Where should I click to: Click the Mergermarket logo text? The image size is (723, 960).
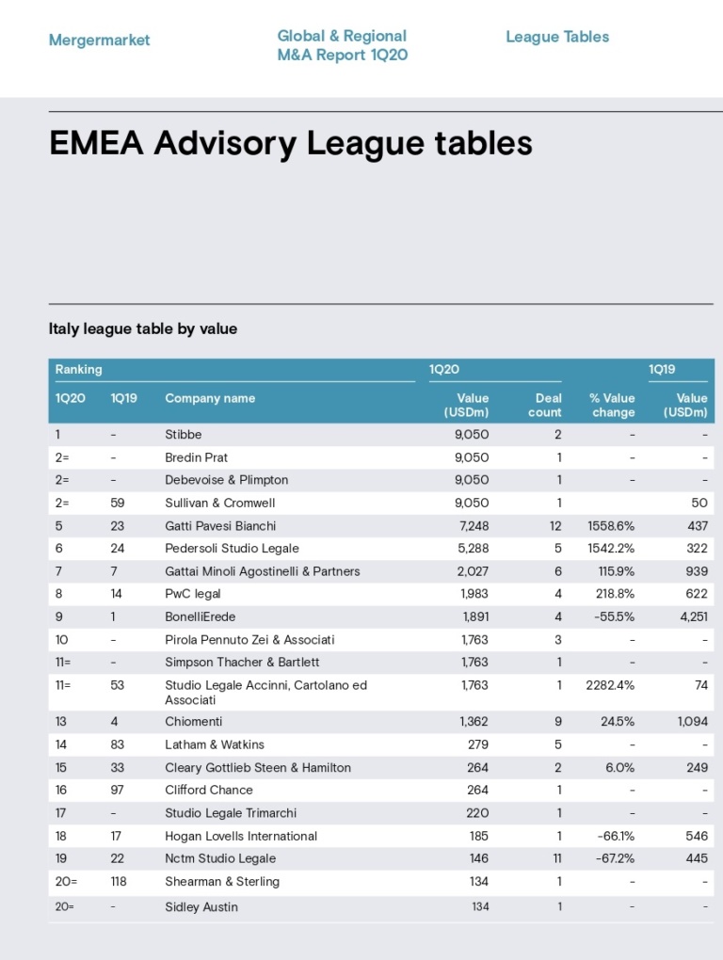[99, 40]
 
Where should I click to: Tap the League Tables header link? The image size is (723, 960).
[557, 37]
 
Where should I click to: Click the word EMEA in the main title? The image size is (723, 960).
[96, 143]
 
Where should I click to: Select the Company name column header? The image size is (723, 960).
[210, 398]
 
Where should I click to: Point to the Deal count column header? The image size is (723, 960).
[545, 406]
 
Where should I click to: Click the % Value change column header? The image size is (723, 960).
[612, 406]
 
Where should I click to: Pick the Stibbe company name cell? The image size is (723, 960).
[183, 435]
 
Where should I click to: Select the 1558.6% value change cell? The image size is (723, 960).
[611, 526]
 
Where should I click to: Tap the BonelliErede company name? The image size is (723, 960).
[201, 616]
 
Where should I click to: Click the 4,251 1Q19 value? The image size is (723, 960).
[694, 616]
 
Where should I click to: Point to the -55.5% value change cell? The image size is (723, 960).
[614, 616]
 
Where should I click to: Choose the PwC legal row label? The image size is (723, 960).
[193, 594]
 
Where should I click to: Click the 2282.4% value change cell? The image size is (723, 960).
[610, 685]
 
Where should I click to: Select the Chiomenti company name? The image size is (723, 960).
[193, 721]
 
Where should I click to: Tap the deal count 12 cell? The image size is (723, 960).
[555, 526]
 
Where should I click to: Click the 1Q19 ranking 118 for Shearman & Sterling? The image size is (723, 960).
[119, 882]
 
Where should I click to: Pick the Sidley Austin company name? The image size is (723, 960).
[201, 906]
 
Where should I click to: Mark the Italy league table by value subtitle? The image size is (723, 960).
[143, 328]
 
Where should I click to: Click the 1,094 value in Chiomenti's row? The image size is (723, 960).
[692, 721]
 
